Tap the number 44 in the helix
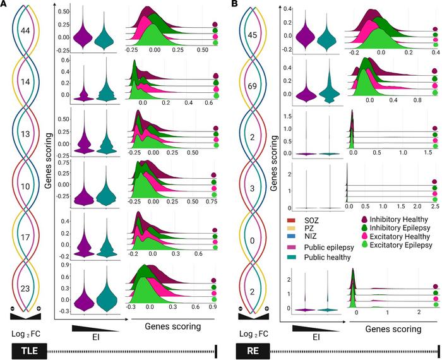point(27,30)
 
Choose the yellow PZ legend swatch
point(295,229)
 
